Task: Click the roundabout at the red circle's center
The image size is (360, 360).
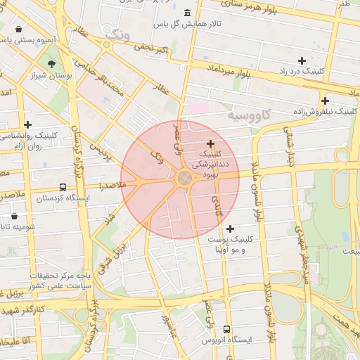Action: (x=185, y=179)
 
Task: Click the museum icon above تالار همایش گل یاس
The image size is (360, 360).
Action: (x=186, y=13)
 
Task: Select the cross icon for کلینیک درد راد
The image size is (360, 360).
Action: (x=302, y=60)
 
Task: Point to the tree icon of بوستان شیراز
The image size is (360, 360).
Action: (x=51, y=64)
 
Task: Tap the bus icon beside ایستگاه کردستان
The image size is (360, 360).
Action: (x=63, y=188)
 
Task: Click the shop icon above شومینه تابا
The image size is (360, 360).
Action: (x=15, y=217)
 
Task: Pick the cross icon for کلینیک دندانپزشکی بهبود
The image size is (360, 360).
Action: (x=210, y=143)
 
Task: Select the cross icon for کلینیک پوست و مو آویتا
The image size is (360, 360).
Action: (x=230, y=228)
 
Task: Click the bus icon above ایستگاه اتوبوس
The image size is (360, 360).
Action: (x=226, y=328)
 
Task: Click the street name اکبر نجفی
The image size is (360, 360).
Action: (x=152, y=48)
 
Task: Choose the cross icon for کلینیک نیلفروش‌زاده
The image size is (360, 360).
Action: (x=324, y=100)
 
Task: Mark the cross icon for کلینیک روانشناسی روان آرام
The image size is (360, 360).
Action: (x=27, y=124)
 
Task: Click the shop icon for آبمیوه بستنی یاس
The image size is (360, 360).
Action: (x=18, y=30)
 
